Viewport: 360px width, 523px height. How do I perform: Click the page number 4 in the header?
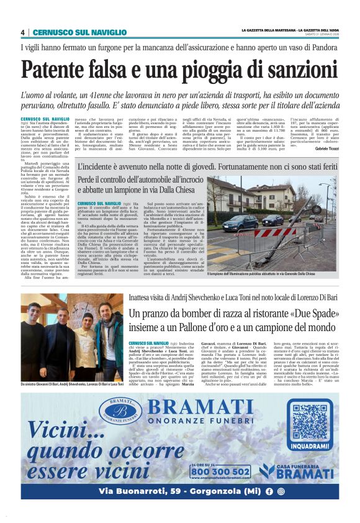[x=23, y=32]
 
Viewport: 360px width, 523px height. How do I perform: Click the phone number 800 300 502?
[x=221, y=471]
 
